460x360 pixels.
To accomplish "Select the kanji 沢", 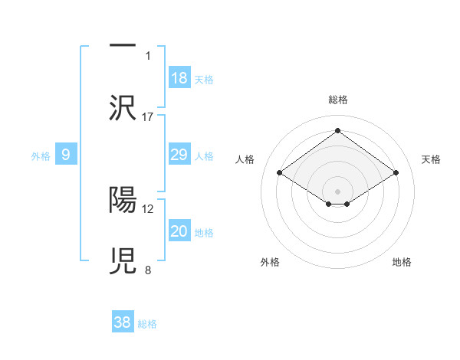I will click(x=123, y=108).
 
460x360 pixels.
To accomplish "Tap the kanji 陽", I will click(x=123, y=199).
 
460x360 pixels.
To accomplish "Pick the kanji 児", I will click(x=123, y=260).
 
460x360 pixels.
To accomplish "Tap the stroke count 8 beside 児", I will click(x=148, y=270).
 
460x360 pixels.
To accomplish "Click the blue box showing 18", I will click(x=179, y=78).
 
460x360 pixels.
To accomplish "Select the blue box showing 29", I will click(x=179, y=155).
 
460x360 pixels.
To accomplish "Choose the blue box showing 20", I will click(x=179, y=231).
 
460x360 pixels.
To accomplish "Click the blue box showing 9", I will click(x=66, y=155).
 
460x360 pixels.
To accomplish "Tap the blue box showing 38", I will click(x=123, y=322).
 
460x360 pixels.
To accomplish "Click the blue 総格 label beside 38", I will click(x=147, y=324).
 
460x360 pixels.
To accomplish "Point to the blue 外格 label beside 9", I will click(x=41, y=156).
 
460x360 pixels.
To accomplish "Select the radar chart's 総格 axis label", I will click(x=338, y=100).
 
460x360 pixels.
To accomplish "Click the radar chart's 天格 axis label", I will click(x=432, y=159).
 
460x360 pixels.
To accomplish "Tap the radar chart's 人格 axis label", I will click(x=245, y=159).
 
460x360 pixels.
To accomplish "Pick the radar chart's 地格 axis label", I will click(x=402, y=262).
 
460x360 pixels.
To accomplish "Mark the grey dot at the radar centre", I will click(x=338, y=191).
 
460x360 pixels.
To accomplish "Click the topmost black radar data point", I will click(x=338, y=131).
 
